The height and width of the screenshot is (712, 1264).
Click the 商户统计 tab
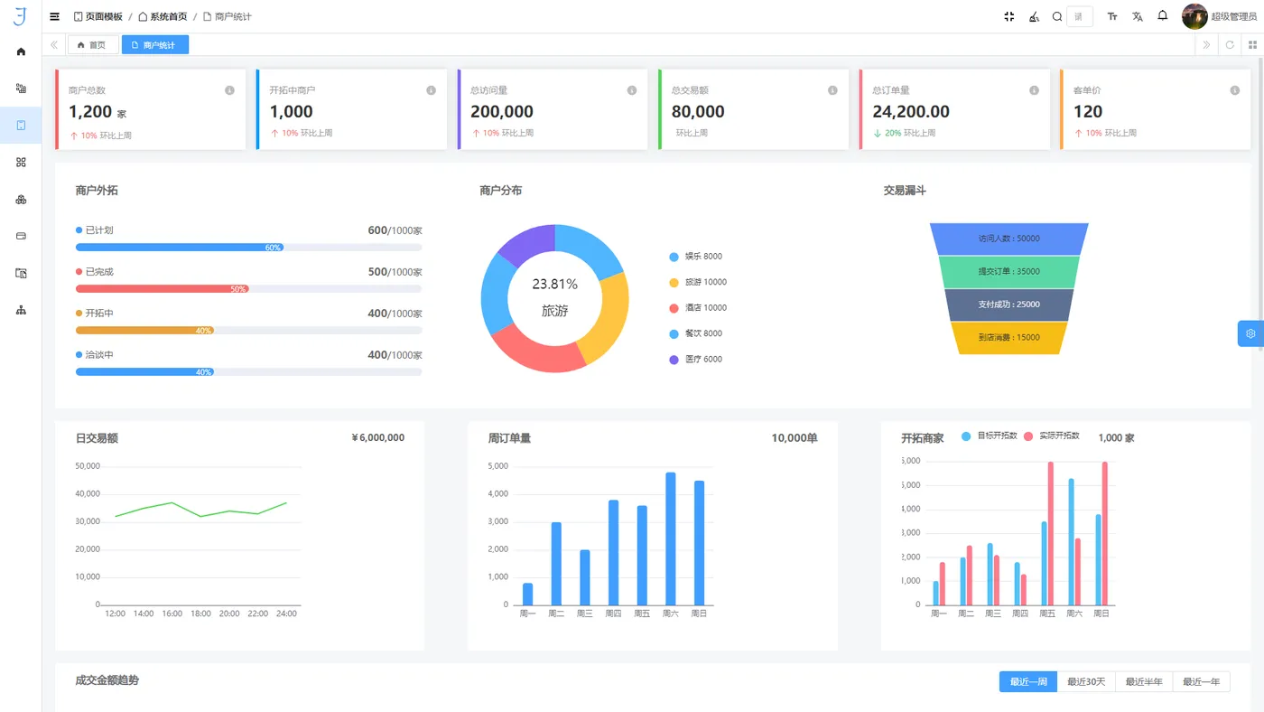point(155,45)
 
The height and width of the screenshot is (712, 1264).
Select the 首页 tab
point(92,45)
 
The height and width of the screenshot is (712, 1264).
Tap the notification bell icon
point(1163,16)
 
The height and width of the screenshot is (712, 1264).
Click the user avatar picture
point(1194,16)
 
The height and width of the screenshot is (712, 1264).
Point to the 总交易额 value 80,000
point(698,112)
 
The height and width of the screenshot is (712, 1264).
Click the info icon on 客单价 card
point(1234,90)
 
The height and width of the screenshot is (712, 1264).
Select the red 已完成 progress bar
point(163,289)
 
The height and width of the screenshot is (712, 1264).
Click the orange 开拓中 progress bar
point(144,331)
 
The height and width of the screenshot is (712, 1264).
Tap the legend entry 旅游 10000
point(698,282)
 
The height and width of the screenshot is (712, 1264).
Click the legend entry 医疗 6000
point(696,360)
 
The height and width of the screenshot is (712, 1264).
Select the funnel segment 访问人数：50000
point(1008,239)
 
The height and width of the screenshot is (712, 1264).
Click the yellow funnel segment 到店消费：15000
point(1008,338)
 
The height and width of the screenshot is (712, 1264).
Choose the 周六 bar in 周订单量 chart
point(670,539)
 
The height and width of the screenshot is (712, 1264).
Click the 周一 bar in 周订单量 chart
point(527,594)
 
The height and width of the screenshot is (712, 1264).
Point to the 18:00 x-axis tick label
point(200,614)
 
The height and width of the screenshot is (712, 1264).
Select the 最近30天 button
point(1086,682)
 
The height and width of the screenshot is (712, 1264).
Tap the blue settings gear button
point(1250,333)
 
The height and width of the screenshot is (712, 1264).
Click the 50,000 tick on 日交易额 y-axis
point(88,466)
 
